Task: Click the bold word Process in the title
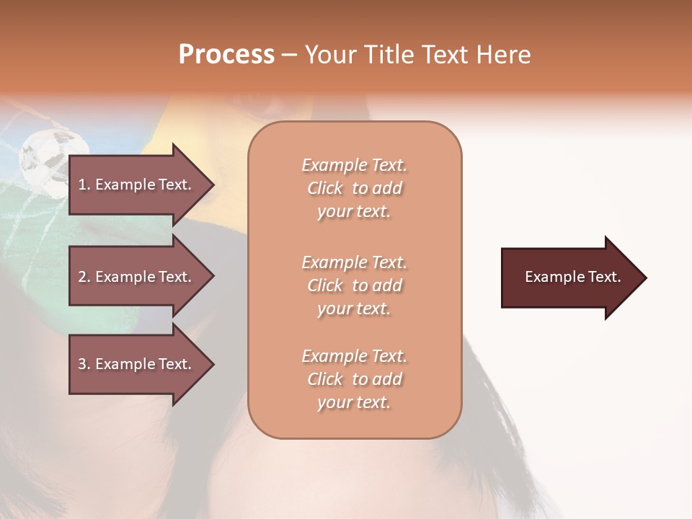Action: tap(226, 55)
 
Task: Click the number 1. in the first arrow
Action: tap(84, 185)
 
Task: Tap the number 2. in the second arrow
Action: tap(84, 277)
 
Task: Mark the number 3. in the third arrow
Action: tap(84, 364)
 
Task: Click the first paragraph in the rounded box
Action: tap(354, 188)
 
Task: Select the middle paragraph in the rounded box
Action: tap(354, 285)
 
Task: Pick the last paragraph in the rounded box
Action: tap(354, 379)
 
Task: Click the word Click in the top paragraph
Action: tap(325, 188)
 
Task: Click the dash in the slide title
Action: tap(289, 55)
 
